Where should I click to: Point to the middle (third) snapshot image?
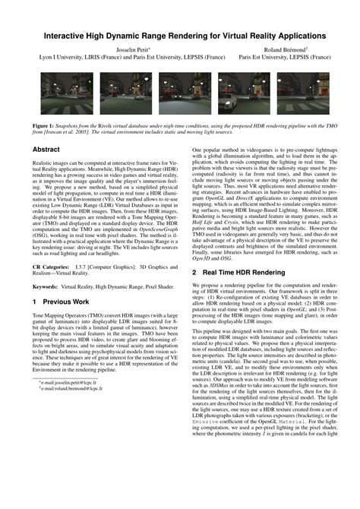(x=179, y=89)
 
